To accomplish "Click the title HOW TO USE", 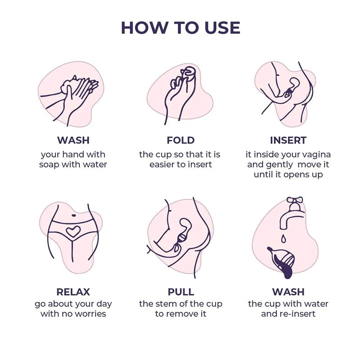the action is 180,28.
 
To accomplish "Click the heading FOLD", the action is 181,140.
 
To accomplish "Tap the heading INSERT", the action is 288,140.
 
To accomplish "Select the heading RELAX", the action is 73,292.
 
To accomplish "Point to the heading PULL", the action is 181,292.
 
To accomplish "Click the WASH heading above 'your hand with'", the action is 73,140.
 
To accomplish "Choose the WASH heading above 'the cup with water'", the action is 288,292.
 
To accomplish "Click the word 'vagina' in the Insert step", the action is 318,155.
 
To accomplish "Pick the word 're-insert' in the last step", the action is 299,314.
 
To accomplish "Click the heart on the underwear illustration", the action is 73,231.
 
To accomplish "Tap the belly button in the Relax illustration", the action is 74,216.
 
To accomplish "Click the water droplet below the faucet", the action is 284,239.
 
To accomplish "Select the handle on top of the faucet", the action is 295,201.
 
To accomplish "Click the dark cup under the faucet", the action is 281,262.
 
